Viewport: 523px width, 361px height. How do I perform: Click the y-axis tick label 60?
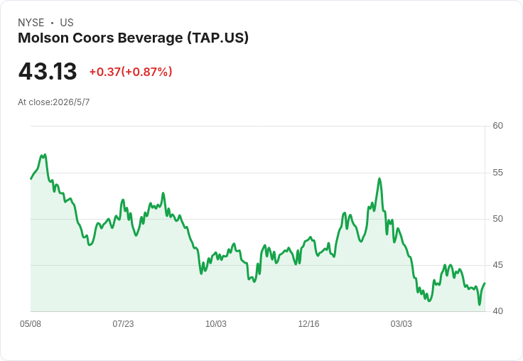click(497, 126)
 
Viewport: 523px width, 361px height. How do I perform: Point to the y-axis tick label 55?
click(497, 173)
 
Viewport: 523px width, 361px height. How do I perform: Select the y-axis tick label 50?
click(497, 219)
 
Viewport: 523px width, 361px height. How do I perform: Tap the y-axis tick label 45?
click(497, 265)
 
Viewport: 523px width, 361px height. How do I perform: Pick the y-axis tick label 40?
click(497, 311)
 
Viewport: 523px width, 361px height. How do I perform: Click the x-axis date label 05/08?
click(31, 324)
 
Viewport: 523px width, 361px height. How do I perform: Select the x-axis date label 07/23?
click(123, 324)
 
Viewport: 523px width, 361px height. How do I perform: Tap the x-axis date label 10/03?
click(216, 324)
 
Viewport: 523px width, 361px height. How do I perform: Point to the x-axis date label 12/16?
click(308, 324)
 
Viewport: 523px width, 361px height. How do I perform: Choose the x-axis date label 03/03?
click(401, 324)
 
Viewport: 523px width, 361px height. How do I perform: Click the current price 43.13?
click(48, 71)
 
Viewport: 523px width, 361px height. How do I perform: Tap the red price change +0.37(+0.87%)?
click(131, 72)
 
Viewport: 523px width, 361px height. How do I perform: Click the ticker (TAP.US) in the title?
click(218, 38)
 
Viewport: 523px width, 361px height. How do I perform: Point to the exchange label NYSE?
click(31, 23)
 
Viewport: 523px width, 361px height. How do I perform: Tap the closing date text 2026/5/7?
click(71, 102)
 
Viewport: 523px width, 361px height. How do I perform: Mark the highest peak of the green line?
click(45, 155)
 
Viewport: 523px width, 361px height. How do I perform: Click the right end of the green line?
click(485, 284)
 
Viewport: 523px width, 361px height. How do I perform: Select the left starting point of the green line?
click(31, 179)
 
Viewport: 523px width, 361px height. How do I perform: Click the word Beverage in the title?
click(150, 38)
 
